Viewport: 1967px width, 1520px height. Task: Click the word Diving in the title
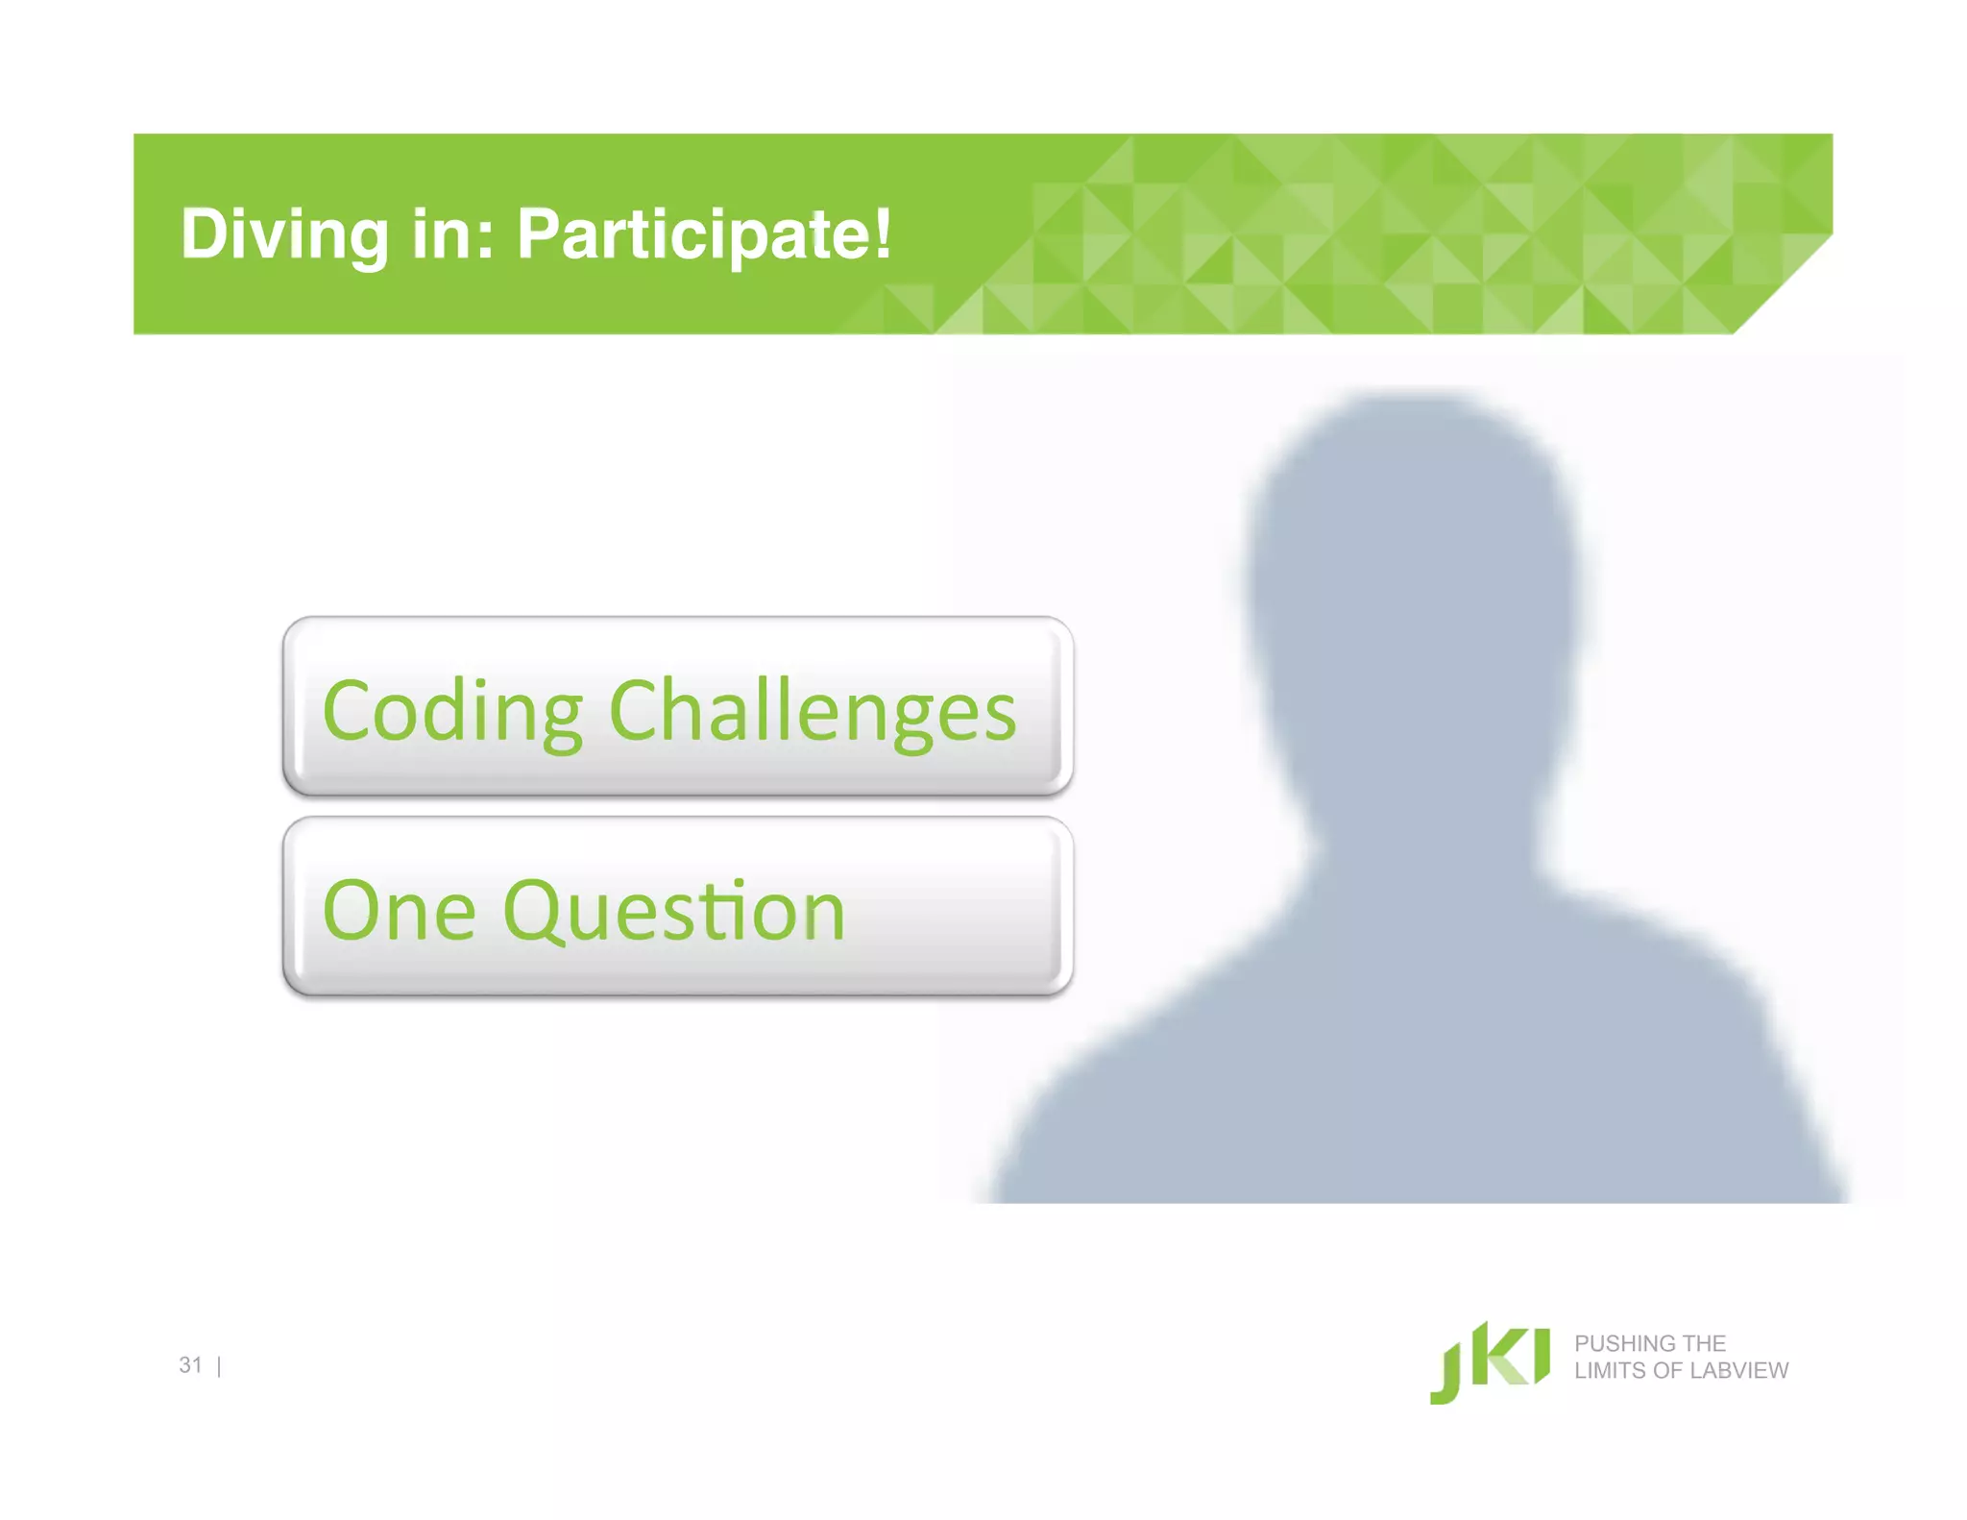284,235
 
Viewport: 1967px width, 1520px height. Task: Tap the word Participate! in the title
704,235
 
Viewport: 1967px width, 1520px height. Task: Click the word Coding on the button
452,712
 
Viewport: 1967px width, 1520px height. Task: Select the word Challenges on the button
813,712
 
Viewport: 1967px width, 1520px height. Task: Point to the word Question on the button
673,913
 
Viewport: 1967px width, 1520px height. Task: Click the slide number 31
190,1364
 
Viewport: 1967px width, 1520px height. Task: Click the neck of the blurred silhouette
1421,826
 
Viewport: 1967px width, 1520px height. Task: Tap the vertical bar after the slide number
220,1366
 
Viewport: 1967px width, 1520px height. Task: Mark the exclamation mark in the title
883,233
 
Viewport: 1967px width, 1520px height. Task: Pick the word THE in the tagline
1704,1343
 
